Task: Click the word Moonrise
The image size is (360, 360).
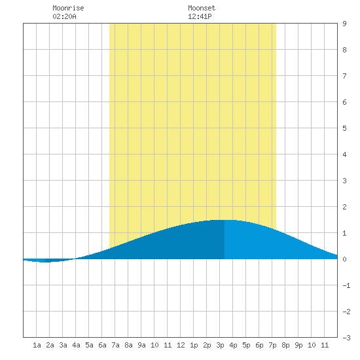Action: [x=68, y=8]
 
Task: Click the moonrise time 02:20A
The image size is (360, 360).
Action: [x=64, y=16]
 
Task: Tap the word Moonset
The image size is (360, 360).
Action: [x=202, y=8]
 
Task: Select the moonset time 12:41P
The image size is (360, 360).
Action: [x=200, y=16]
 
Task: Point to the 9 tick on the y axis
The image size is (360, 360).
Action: [x=344, y=24]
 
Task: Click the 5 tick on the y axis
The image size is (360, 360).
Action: [x=344, y=128]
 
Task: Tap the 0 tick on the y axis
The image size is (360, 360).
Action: [x=344, y=259]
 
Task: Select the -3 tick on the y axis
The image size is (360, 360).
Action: [x=346, y=338]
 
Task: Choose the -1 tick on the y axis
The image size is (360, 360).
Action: [x=346, y=285]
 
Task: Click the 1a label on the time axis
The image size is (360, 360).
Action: [x=37, y=345]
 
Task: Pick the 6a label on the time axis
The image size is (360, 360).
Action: [x=102, y=345]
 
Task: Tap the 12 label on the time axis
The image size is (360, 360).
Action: [x=181, y=345]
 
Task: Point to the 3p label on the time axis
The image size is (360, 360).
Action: [x=220, y=345]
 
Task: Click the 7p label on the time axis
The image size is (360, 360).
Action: [x=272, y=345]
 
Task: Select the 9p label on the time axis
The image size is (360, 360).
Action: [x=298, y=345]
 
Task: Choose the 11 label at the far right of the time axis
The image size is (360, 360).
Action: [x=325, y=345]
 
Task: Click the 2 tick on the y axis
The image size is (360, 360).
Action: [x=344, y=207]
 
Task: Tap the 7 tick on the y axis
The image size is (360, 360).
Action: [x=344, y=76]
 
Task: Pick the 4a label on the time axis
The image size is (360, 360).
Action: [x=76, y=345]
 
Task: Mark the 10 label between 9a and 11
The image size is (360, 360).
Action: [x=154, y=345]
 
